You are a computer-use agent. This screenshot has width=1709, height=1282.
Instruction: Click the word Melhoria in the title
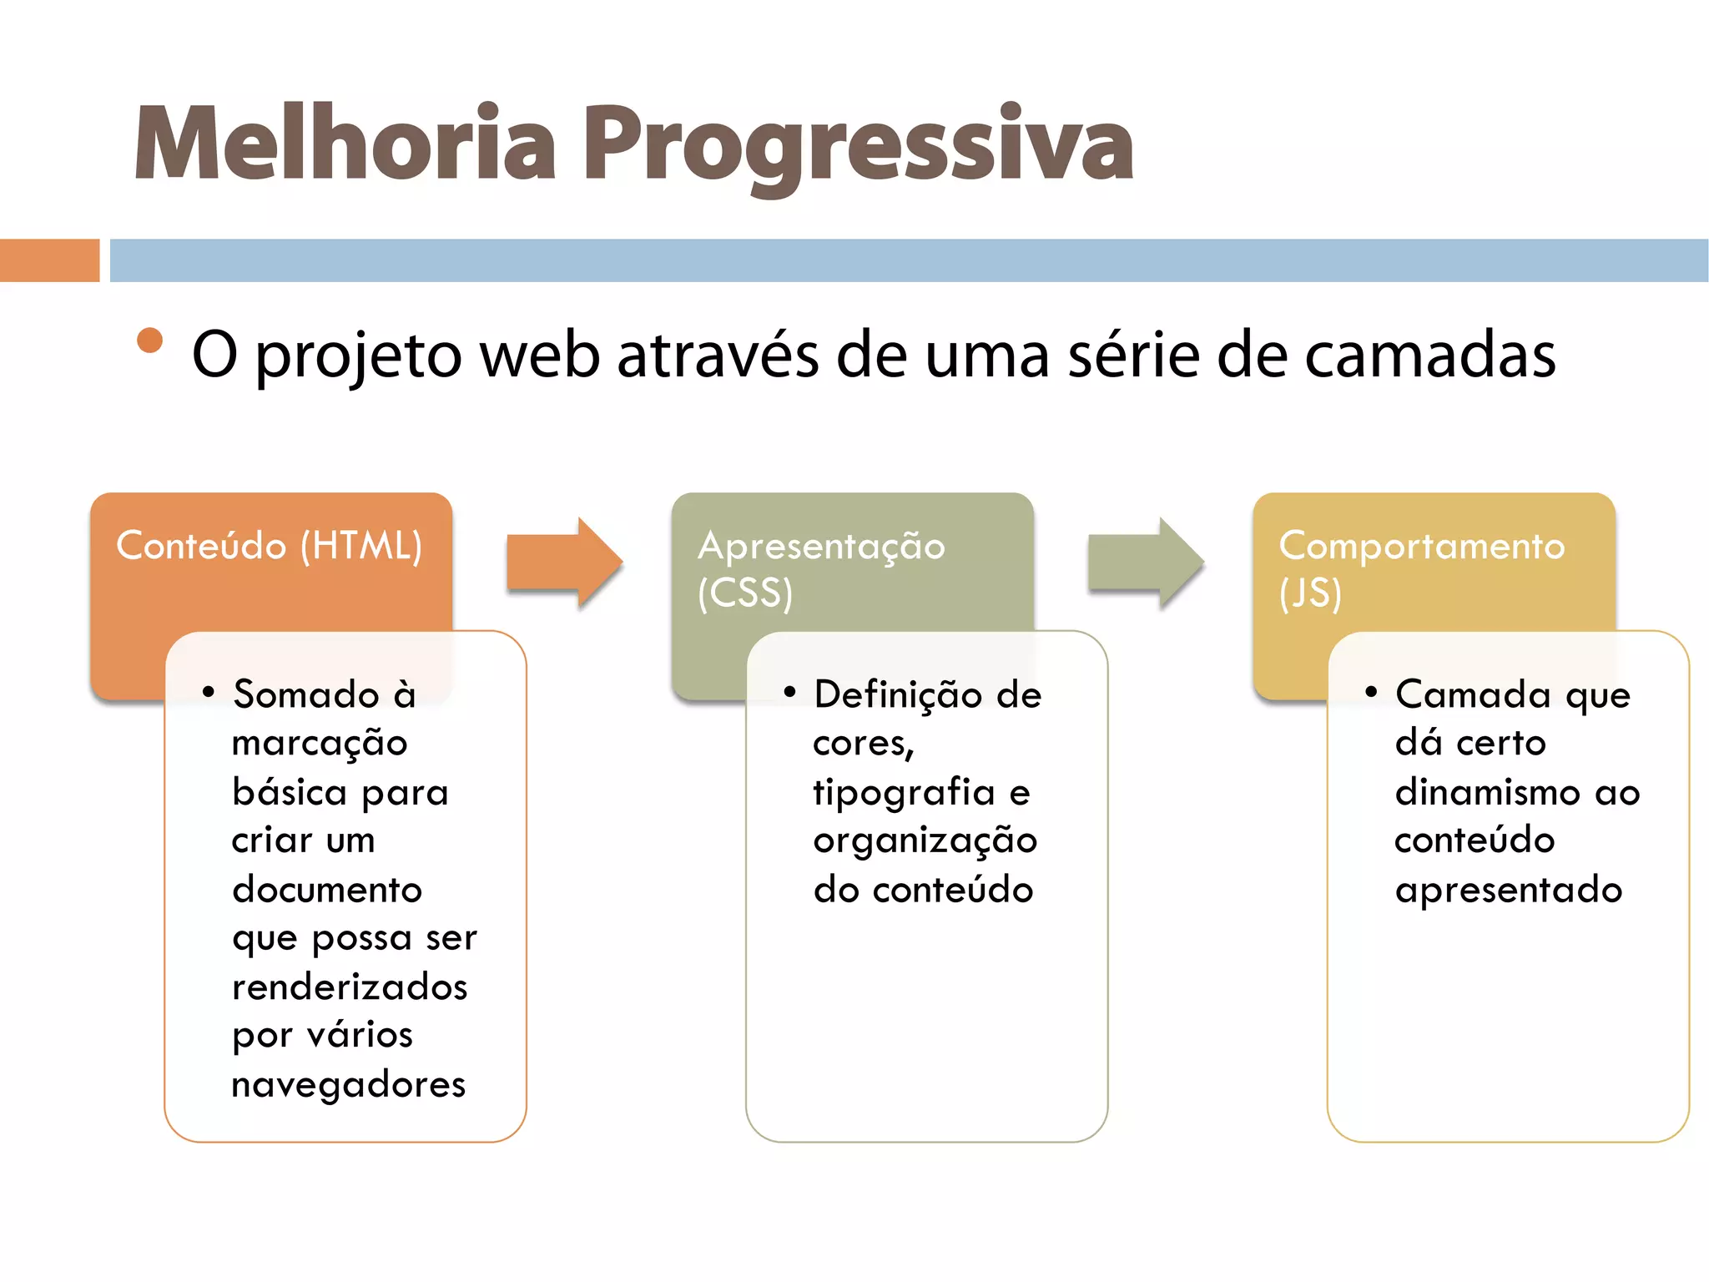point(344,144)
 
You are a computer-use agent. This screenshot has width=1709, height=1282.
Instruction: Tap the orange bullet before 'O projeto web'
point(150,341)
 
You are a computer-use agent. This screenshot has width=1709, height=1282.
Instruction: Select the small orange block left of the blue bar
point(49,260)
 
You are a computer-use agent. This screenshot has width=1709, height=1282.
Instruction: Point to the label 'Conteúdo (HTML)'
point(269,546)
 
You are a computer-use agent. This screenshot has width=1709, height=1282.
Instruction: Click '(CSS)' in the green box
point(745,593)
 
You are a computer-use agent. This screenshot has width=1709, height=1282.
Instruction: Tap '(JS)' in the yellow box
point(1310,593)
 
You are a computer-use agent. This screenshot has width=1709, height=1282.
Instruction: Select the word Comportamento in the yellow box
point(1421,546)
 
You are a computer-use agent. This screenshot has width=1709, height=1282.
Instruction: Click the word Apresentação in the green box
point(821,546)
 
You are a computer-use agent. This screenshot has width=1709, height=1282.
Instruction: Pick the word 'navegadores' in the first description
point(348,1085)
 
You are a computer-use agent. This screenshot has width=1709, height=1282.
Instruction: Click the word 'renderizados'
point(350,987)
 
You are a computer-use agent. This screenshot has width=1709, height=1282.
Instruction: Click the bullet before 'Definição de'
point(789,691)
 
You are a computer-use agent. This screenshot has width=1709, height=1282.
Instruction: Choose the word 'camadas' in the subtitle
point(1429,356)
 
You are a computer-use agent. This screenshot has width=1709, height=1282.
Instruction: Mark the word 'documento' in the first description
point(327,890)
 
